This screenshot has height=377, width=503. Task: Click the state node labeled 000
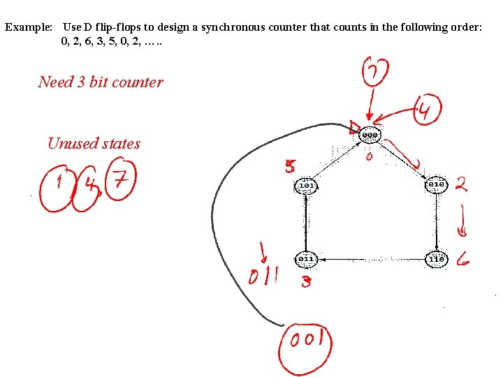click(370, 135)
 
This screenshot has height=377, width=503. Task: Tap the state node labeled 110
click(437, 259)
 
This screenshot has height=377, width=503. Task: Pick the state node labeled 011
click(306, 259)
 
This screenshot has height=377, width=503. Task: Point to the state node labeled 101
click(306, 186)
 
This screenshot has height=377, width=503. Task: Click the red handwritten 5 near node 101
click(290, 167)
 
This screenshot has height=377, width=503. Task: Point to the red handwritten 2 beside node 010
click(462, 184)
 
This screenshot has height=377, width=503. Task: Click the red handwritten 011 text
click(264, 276)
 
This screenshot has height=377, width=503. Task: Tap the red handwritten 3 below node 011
click(305, 282)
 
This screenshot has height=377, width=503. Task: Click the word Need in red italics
click(56, 82)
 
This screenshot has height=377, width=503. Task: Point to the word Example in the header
click(29, 27)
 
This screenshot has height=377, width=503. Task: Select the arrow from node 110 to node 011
click(371, 260)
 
